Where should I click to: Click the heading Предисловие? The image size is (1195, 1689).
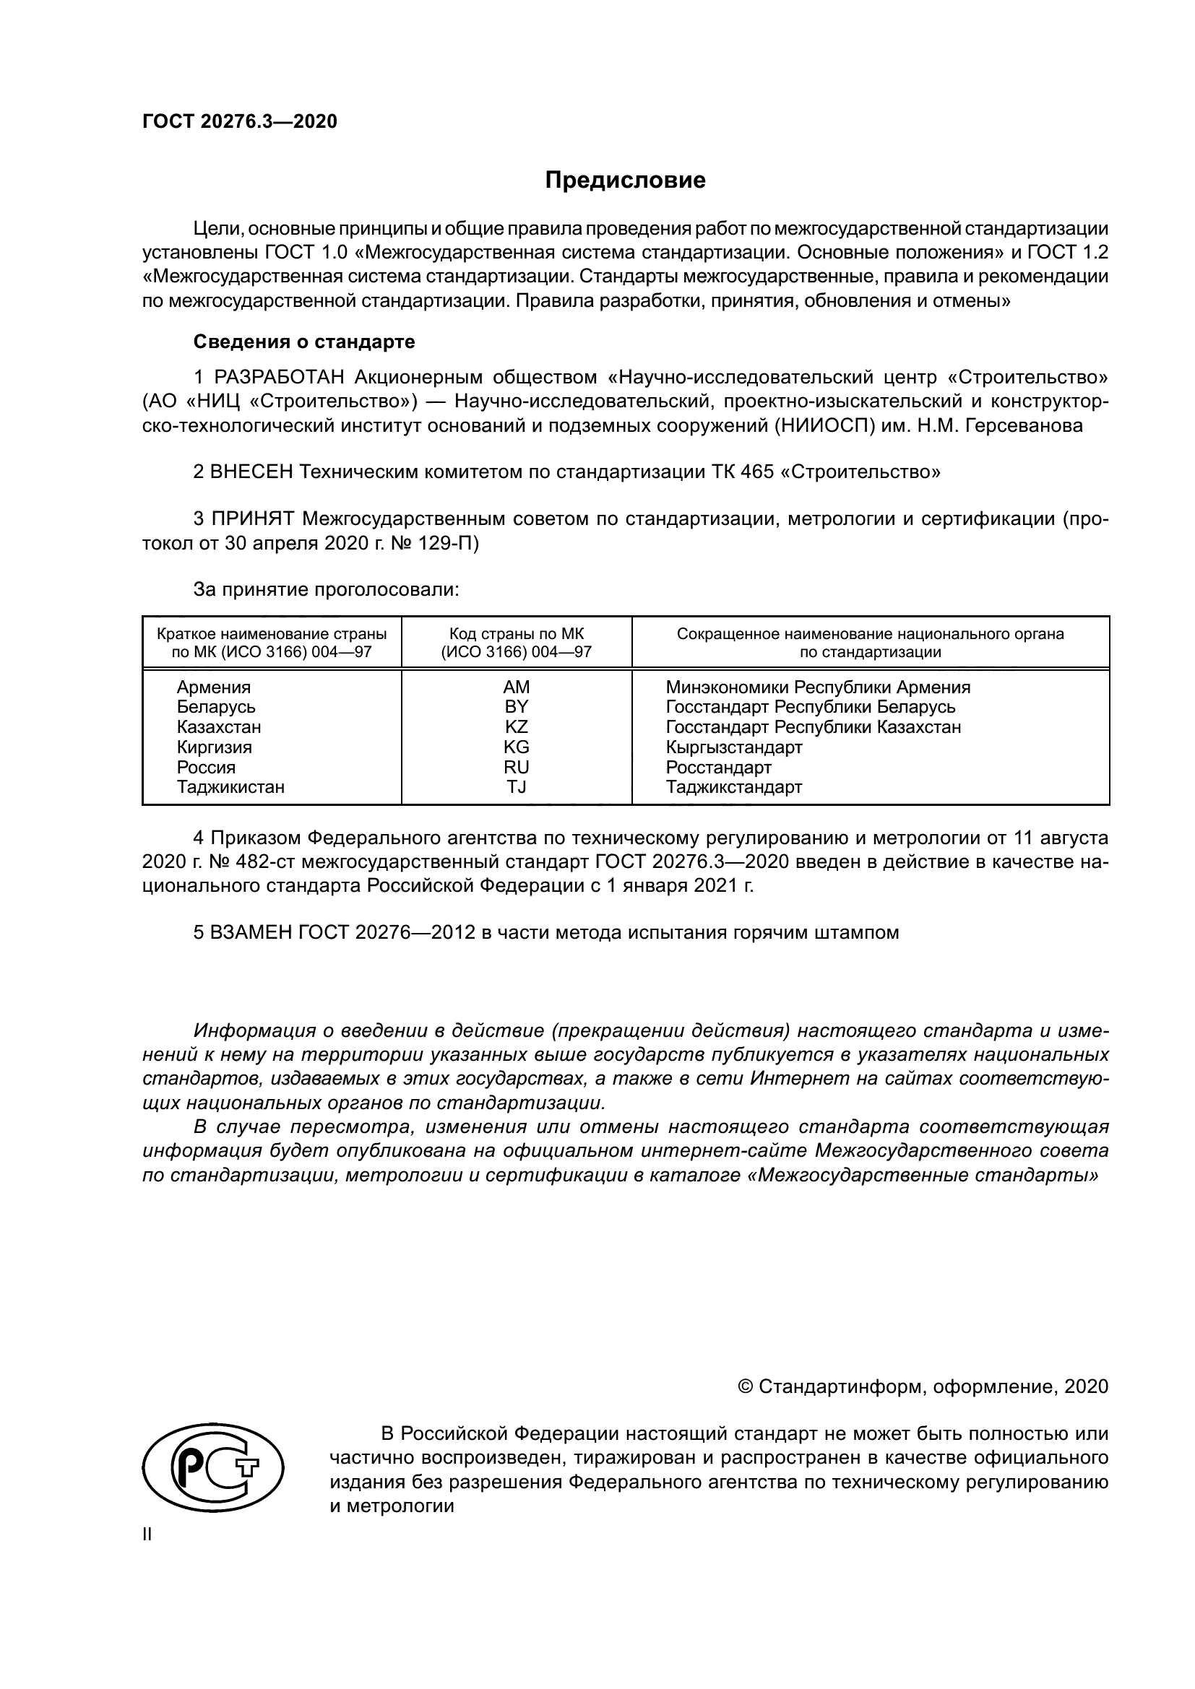click(625, 181)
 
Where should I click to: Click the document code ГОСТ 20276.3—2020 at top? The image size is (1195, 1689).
click(240, 121)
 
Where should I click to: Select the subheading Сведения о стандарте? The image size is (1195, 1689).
click(304, 342)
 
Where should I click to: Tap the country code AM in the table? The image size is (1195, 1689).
click(516, 687)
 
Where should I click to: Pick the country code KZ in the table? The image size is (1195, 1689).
click(516, 727)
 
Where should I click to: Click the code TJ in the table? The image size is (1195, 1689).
click(516, 786)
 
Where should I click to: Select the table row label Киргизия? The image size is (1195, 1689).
click(214, 747)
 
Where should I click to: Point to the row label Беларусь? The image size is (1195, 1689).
click(216, 707)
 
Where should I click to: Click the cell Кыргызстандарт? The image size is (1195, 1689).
click(733, 747)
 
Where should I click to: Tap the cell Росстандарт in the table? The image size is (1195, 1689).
click(718, 768)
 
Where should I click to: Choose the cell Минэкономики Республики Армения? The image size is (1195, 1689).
click(818, 687)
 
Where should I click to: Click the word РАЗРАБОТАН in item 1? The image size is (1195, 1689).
click(279, 378)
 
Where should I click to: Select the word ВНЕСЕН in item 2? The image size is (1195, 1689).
click(251, 472)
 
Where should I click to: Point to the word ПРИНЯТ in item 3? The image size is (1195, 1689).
click(253, 518)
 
